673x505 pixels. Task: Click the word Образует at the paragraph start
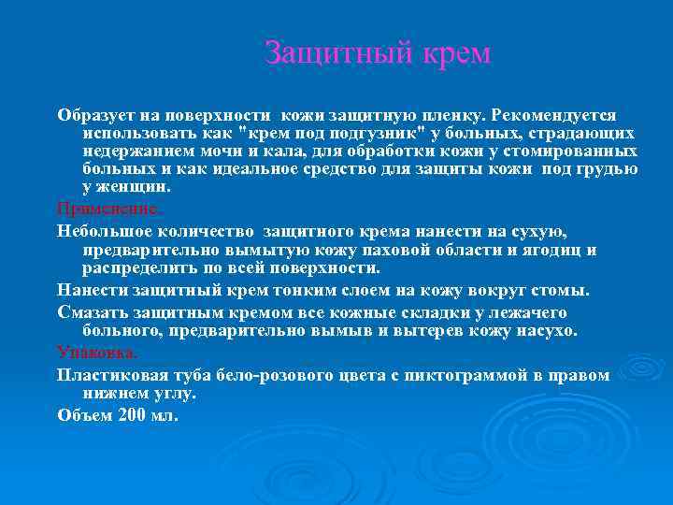[97, 115]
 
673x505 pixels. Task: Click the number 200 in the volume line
[133, 415]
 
